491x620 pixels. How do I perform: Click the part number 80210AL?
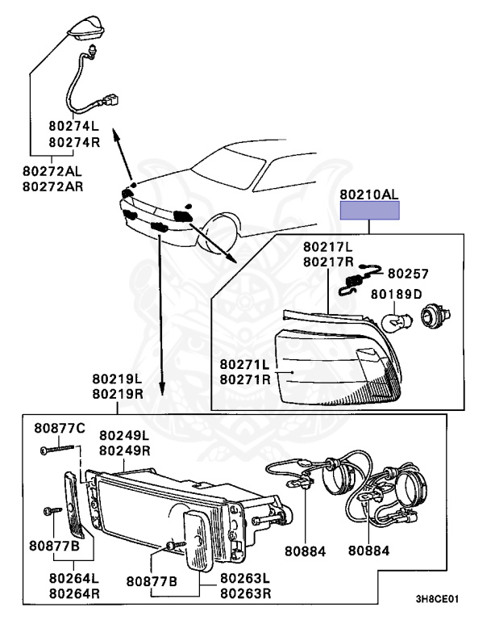click(x=368, y=195)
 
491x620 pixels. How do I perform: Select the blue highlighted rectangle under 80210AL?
click(x=369, y=212)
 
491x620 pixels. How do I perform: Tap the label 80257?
click(x=408, y=274)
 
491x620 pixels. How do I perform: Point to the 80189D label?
click(x=396, y=294)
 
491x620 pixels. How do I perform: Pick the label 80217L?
click(x=328, y=247)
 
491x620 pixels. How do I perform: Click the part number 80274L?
click(x=73, y=127)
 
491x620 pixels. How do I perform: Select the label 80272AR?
click(x=52, y=186)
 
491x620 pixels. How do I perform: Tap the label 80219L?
click(x=117, y=379)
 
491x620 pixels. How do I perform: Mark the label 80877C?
click(x=59, y=426)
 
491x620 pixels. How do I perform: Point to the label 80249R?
click(x=125, y=450)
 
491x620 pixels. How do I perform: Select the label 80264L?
click(x=73, y=578)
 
